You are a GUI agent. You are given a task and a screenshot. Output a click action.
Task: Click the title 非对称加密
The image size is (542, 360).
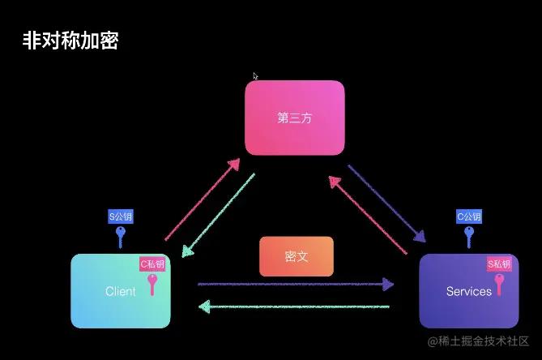[70, 41]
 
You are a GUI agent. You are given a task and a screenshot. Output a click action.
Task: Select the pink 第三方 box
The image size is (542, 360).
[295, 118]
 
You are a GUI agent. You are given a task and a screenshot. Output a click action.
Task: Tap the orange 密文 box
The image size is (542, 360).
[296, 256]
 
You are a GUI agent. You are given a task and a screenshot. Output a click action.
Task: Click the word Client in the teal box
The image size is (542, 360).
[121, 291]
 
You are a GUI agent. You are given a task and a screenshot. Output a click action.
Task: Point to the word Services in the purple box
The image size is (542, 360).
[468, 291]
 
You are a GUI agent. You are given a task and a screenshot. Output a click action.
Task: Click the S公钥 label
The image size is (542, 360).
[121, 216]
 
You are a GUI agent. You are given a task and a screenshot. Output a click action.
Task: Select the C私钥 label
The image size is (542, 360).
[152, 264]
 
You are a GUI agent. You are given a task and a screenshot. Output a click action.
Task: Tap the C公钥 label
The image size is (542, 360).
[469, 216]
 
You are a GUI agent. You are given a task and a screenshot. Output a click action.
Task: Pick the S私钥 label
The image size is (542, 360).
[499, 264]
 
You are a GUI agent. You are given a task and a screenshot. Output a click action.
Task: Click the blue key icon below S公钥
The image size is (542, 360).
[121, 236]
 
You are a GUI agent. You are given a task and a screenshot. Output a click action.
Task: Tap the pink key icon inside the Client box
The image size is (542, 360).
[152, 284]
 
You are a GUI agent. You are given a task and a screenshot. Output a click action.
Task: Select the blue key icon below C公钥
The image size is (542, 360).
[469, 236]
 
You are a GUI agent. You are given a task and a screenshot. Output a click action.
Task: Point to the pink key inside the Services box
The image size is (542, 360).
[499, 284]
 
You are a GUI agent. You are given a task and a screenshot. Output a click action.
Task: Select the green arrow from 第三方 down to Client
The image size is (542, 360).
[217, 216]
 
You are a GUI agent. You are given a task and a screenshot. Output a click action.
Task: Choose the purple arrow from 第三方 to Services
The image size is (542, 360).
[387, 204]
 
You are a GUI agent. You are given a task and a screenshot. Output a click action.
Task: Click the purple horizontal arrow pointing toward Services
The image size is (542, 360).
[296, 285]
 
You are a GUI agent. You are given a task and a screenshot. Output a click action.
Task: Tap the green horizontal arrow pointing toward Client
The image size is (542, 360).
[296, 306]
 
